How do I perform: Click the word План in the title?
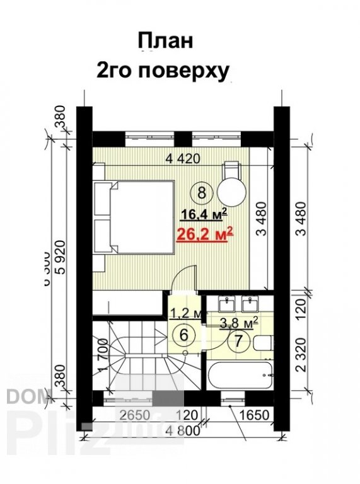(x=165, y=42)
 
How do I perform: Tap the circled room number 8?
(x=201, y=191)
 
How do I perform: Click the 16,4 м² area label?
(x=201, y=214)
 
